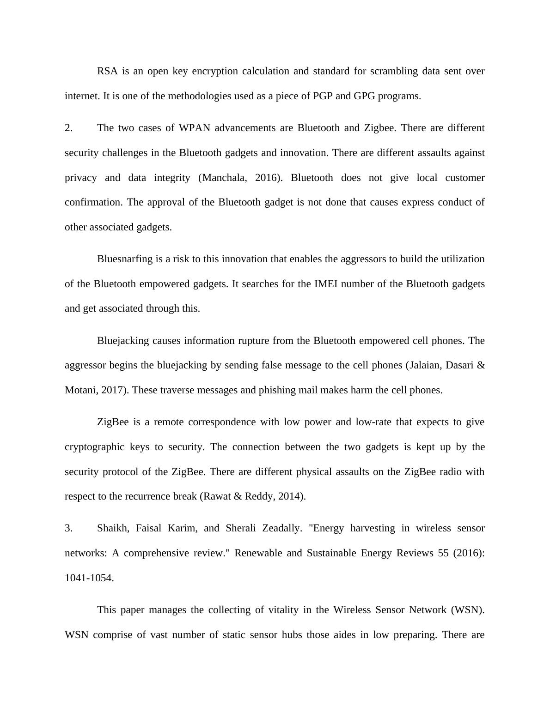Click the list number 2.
(68, 128)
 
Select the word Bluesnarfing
(125, 259)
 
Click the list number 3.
(68, 528)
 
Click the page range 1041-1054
(89, 578)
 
